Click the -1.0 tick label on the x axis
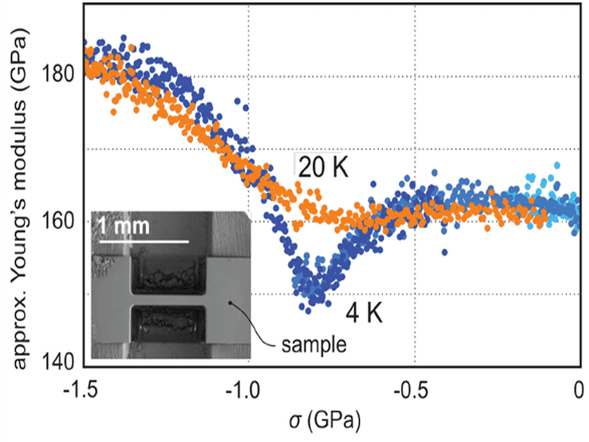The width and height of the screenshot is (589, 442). coord(249,391)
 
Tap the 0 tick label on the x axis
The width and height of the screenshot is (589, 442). coord(579,391)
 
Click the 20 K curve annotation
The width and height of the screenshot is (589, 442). coord(323,168)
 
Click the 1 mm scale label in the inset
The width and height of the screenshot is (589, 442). coord(125,226)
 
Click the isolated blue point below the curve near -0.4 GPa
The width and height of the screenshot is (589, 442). coord(445,252)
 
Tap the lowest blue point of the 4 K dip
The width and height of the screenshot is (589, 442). coord(308,310)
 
